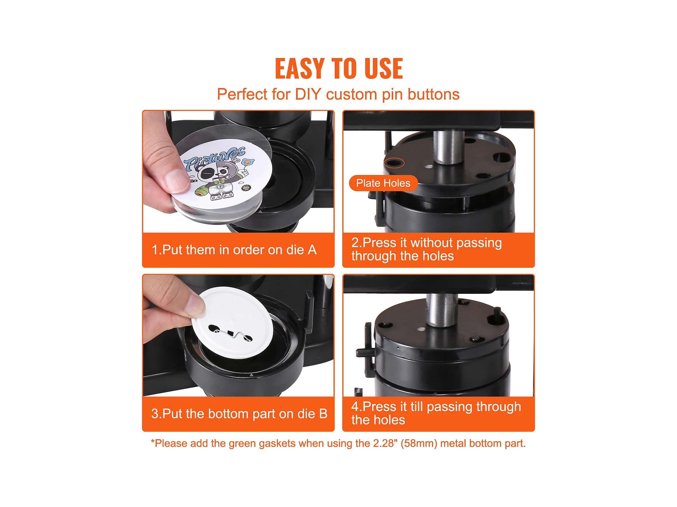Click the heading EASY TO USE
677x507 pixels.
pos(338,69)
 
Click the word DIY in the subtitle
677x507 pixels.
pos(308,94)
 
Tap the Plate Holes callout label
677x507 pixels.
pos(383,183)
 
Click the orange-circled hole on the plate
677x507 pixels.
pos(394,163)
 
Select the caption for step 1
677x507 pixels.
pos(234,250)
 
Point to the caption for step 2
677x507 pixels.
pos(427,249)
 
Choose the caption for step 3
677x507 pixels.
pos(239,413)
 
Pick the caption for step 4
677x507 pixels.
pos(436,413)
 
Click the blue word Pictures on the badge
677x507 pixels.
pos(214,158)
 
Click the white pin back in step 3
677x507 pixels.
pos(232,322)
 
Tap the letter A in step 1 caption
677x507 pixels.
pos(312,250)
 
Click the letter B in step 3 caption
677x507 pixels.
pos(323,413)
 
